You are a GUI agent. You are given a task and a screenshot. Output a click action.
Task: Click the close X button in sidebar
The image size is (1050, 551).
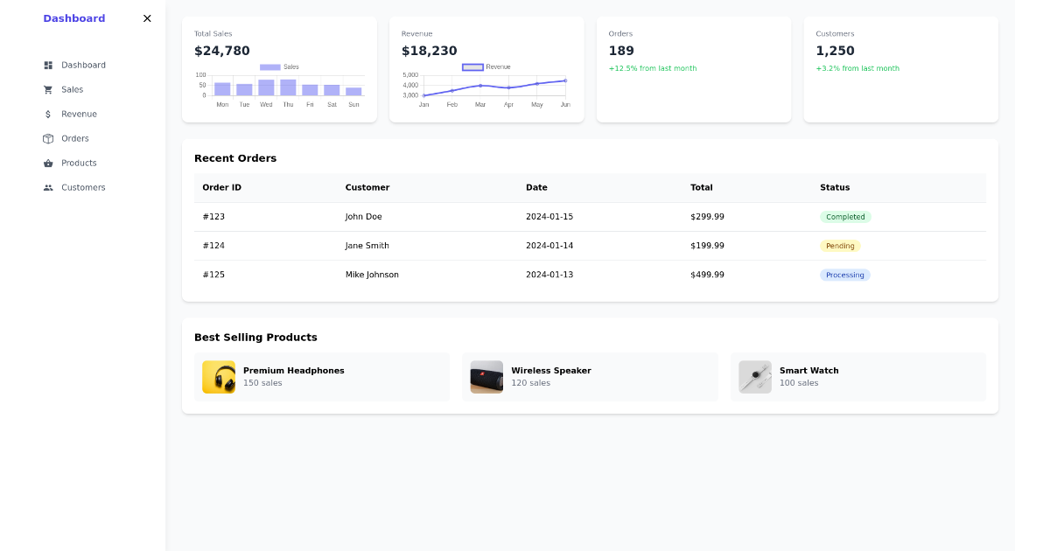click(x=147, y=18)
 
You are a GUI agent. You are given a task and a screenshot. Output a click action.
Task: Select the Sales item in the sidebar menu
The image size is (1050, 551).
click(x=72, y=89)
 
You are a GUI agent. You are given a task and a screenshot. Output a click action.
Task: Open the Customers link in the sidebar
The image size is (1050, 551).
click(x=82, y=187)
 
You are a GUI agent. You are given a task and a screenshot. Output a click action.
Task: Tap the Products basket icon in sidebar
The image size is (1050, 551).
click(x=48, y=163)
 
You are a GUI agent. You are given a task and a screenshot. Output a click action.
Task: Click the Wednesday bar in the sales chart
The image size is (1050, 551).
click(x=266, y=87)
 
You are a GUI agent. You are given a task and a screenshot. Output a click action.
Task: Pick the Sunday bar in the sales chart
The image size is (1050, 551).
click(x=353, y=91)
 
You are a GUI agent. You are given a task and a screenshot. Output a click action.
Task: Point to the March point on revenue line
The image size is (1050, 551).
click(x=480, y=86)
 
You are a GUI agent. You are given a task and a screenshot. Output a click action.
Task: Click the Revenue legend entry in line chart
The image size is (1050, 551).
click(x=486, y=66)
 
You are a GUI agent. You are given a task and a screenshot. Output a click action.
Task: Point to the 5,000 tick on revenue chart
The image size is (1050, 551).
click(x=410, y=75)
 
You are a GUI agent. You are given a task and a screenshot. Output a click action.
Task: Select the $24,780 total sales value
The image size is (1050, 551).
click(x=222, y=51)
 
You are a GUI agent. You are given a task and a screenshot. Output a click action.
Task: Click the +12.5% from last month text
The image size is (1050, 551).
click(x=653, y=68)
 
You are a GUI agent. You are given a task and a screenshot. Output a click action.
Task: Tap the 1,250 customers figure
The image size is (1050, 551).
click(x=835, y=51)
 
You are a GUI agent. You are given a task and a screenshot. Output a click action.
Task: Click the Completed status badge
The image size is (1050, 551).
click(x=845, y=217)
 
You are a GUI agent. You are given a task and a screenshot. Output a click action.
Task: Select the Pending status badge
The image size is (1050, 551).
click(x=840, y=246)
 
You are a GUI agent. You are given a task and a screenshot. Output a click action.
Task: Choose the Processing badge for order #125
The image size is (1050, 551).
click(x=845, y=275)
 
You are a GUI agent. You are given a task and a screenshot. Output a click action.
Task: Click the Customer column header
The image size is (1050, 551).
click(x=367, y=187)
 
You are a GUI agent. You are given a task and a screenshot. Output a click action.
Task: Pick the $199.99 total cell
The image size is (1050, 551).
click(x=707, y=246)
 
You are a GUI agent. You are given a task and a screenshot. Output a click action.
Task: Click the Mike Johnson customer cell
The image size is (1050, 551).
click(x=372, y=275)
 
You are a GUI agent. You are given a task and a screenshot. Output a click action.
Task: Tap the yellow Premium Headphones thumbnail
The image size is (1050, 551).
click(x=219, y=377)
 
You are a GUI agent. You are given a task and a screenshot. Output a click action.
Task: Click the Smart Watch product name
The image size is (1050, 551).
click(x=808, y=371)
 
